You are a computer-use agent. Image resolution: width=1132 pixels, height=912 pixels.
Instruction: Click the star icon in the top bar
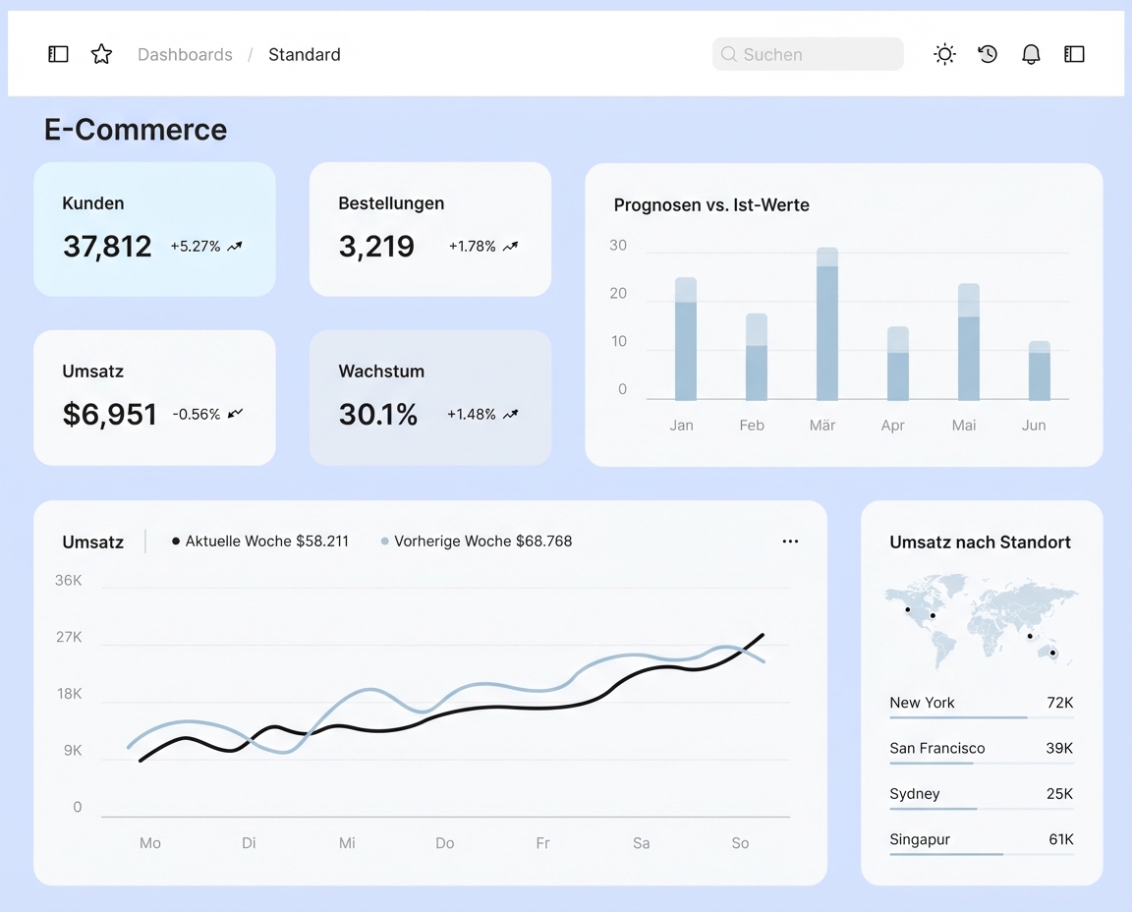(x=101, y=54)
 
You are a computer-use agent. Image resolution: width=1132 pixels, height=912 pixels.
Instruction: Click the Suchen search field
(x=808, y=54)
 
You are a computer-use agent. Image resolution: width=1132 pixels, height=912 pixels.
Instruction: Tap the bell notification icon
(x=1031, y=54)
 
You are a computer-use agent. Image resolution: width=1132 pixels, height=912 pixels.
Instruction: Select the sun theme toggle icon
(x=944, y=54)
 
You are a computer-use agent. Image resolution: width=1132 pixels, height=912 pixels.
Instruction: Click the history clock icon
(x=988, y=54)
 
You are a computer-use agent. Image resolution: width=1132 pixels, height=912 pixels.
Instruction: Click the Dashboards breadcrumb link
(x=185, y=55)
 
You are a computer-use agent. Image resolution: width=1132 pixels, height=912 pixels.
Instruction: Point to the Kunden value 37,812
(x=107, y=247)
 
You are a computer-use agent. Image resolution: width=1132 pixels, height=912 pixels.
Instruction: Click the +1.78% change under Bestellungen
(x=473, y=247)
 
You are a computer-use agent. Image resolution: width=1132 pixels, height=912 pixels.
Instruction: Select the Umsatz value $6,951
(x=110, y=415)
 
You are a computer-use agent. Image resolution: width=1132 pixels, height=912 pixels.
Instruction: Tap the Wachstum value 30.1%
(x=378, y=415)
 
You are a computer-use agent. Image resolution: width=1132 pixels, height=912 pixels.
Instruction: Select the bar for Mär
(x=826, y=324)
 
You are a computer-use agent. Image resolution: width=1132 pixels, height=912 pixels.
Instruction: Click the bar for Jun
(x=1039, y=371)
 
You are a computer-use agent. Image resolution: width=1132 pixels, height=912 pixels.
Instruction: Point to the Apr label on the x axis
(x=892, y=426)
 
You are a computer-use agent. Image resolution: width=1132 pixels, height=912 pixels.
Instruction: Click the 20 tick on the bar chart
(x=618, y=294)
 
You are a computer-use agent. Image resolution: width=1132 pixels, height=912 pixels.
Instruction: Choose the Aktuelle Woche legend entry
(x=260, y=541)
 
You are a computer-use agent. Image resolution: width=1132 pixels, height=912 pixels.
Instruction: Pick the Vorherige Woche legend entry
(x=477, y=541)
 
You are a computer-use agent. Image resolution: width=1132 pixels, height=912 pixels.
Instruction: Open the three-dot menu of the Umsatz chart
(x=790, y=541)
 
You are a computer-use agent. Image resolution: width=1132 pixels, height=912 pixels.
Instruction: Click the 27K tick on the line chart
(x=69, y=638)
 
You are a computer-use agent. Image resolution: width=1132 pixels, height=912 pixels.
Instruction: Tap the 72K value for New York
(x=1059, y=703)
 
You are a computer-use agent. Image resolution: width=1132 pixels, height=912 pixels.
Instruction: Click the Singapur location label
(x=920, y=839)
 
